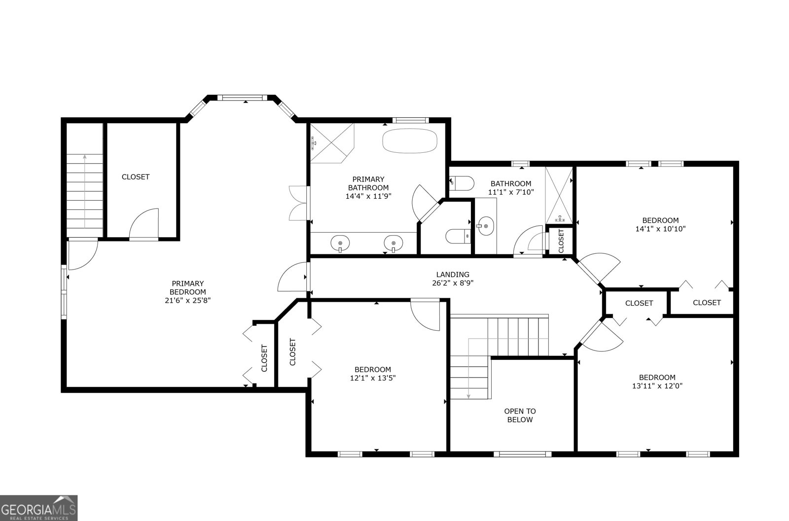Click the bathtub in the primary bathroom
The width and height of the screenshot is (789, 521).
point(410,140)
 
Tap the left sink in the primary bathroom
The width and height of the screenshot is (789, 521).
point(340,243)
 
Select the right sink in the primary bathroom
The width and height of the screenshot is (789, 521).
point(393,243)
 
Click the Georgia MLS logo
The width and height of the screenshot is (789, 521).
point(38,508)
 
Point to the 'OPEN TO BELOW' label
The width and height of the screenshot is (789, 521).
point(520,415)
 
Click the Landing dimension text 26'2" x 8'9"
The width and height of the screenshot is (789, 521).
point(453,283)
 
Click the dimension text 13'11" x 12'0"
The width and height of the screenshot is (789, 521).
point(657,386)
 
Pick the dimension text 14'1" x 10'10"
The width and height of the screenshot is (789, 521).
point(660,229)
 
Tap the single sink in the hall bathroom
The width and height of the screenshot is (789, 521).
point(486,227)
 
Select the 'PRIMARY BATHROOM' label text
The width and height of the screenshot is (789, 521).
point(368,183)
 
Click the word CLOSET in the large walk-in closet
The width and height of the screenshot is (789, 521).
point(135,176)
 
